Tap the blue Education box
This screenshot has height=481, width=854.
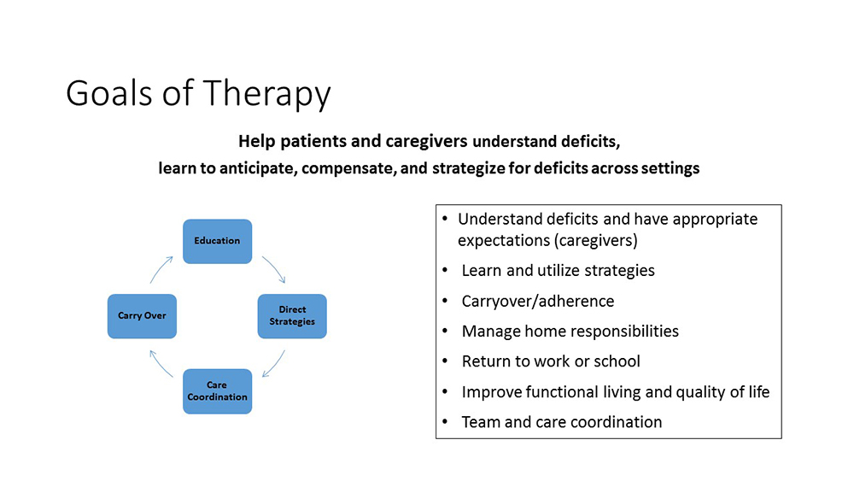pyautogui.click(x=217, y=241)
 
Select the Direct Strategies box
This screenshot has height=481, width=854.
pyautogui.click(x=292, y=315)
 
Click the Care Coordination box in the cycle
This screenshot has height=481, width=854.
pyautogui.click(x=217, y=391)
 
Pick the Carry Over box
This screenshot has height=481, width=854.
pyautogui.click(x=142, y=316)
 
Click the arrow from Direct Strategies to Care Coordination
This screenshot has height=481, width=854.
pyautogui.click(x=274, y=363)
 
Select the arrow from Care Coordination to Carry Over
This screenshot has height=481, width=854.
pyautogui.click(x=161, y=363)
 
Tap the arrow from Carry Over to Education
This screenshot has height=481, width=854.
pyautogui.click(x=161, y=268)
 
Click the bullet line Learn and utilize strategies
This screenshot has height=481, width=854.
pyautogui.click(x=558, y=271)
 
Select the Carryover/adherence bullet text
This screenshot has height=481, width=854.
pyautogui.click(x=537, y=301)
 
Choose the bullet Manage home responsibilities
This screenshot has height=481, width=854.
pyautogui.click(x=570, y=331)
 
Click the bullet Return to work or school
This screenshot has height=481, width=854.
pyautogui.click(x=551, y=361)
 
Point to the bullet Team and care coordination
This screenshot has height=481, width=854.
pyautogui.click(x=561, y=421)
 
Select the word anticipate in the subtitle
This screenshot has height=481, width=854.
pyautogui.click(x=249, y=168)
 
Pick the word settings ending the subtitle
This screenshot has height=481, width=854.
pyautogui.click(x=669, y=168)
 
